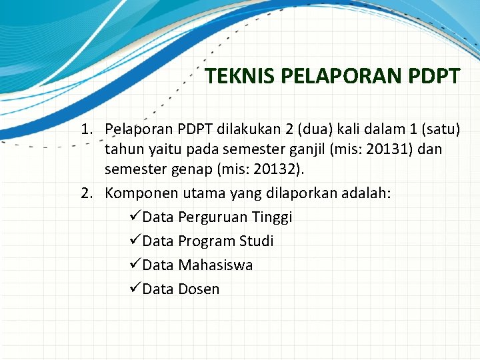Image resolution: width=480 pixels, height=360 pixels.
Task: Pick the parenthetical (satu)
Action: pyautogui.click(x=437, y=129)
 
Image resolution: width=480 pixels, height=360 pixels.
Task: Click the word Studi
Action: pyautogui.click(x=256, y=241)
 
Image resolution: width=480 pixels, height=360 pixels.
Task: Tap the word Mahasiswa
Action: pyautogui.click(x=215, y=265)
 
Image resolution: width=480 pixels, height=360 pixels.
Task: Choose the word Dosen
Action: pyautogui.click(x=199, y=289)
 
